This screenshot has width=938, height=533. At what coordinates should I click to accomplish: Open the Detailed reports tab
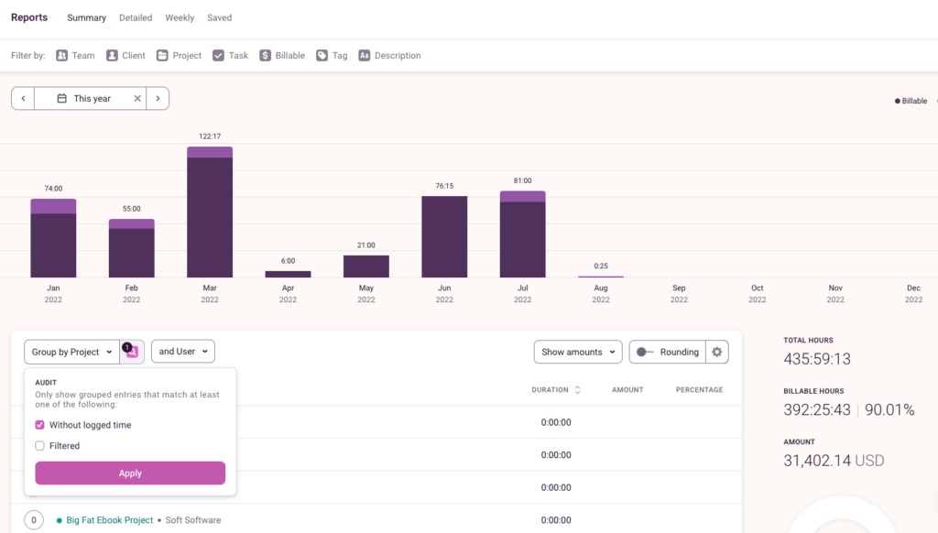pos(136,17)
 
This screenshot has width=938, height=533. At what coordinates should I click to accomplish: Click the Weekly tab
pos(180,17)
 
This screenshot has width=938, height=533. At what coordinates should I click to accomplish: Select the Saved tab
pos(219,17)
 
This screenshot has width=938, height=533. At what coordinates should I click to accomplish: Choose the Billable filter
pos(282,56)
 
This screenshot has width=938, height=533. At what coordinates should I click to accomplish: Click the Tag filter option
pos(332,56)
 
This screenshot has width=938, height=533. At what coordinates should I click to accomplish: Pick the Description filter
pos(389,56)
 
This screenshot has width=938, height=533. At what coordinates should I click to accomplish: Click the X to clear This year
pos(137,99)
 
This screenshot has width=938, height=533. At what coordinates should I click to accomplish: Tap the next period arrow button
pos(158,99)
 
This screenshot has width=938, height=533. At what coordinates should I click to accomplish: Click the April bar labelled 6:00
pos(288,274)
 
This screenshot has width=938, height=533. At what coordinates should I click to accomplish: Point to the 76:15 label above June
pos(444,186)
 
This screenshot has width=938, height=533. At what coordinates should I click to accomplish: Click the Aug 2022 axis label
pos(601,293)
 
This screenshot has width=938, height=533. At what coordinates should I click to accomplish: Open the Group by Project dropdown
pos(71,352)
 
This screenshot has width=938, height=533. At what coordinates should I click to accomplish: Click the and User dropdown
pos(182,352)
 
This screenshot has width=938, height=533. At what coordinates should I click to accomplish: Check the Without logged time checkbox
pos(40,425)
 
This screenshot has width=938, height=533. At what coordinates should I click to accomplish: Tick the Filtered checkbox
pos(40,446)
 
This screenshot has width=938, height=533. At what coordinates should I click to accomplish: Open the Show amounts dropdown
pos(578,352)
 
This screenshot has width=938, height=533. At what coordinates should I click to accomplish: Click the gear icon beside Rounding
pos(717,352)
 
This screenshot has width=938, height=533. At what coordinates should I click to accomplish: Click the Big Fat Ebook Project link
pos(109,520)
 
